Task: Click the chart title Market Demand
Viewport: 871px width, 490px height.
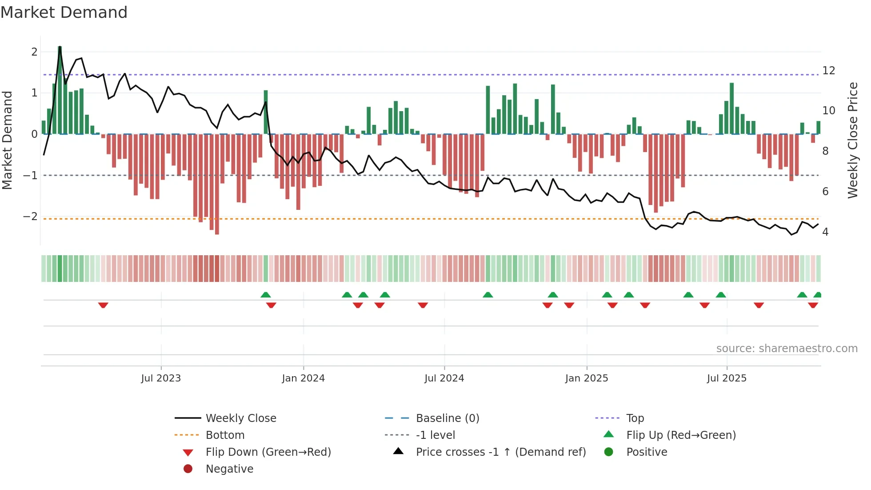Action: point(64,12)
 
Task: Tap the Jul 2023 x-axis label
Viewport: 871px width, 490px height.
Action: point(161,378)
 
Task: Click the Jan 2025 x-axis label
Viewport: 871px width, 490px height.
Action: point(587,378)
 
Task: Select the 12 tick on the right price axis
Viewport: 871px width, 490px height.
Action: point(828,71)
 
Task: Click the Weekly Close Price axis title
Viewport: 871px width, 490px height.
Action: point(852,140)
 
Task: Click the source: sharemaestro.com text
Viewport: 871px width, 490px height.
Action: point(787,348)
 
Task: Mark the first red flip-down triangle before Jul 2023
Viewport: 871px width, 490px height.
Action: point(103,305)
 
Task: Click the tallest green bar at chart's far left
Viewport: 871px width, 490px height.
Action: point(60,89)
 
